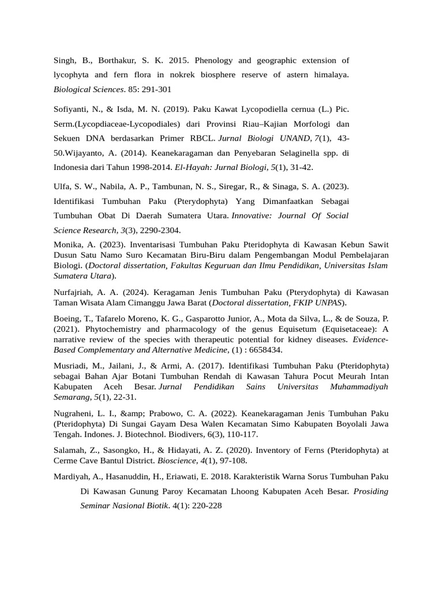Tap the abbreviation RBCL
coord(199,138)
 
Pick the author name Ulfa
coord(62,186)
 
